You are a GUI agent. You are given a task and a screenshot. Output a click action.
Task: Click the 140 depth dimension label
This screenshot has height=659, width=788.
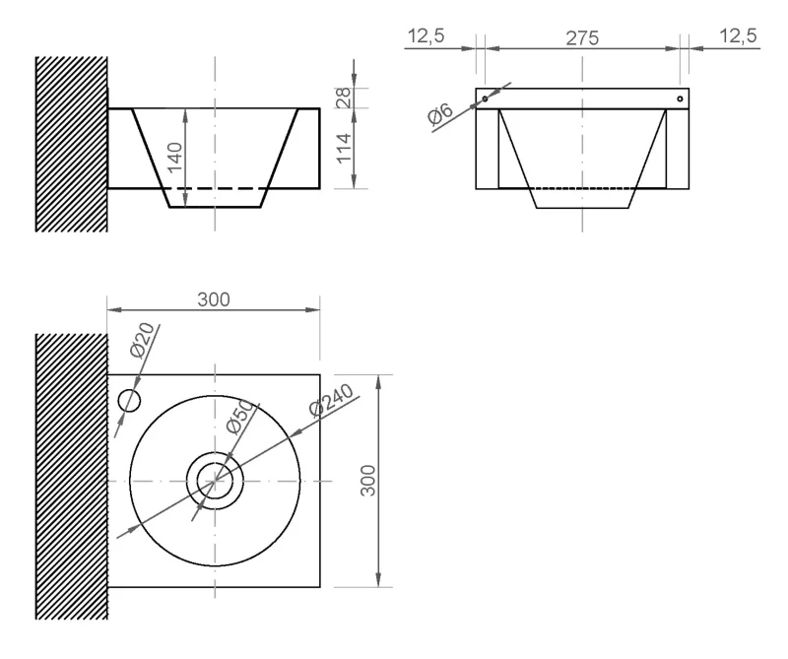pyautogui.click(x=174, y=157)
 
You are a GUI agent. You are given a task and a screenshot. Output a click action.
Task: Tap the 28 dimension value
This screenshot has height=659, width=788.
pyautogui.click(x=343, y=99)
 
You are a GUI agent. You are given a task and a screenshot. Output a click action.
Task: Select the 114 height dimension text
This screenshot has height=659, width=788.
pyautogui.click(x=343, y=149)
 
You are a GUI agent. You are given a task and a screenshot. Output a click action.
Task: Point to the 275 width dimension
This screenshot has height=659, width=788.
pyautogui.click(x=582, y=38)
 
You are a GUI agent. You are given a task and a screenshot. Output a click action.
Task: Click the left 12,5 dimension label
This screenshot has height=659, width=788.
pyautogui.click(x=427, y=36)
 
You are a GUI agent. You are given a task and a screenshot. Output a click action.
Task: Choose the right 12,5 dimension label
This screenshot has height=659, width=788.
pyautogui.click(x=738, y=36)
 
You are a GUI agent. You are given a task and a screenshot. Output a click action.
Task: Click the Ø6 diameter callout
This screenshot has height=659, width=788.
pyautogui.click(x=440, y=113)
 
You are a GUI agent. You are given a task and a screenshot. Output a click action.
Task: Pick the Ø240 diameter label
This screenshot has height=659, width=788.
pyautogui.click(x=332, y=400)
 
